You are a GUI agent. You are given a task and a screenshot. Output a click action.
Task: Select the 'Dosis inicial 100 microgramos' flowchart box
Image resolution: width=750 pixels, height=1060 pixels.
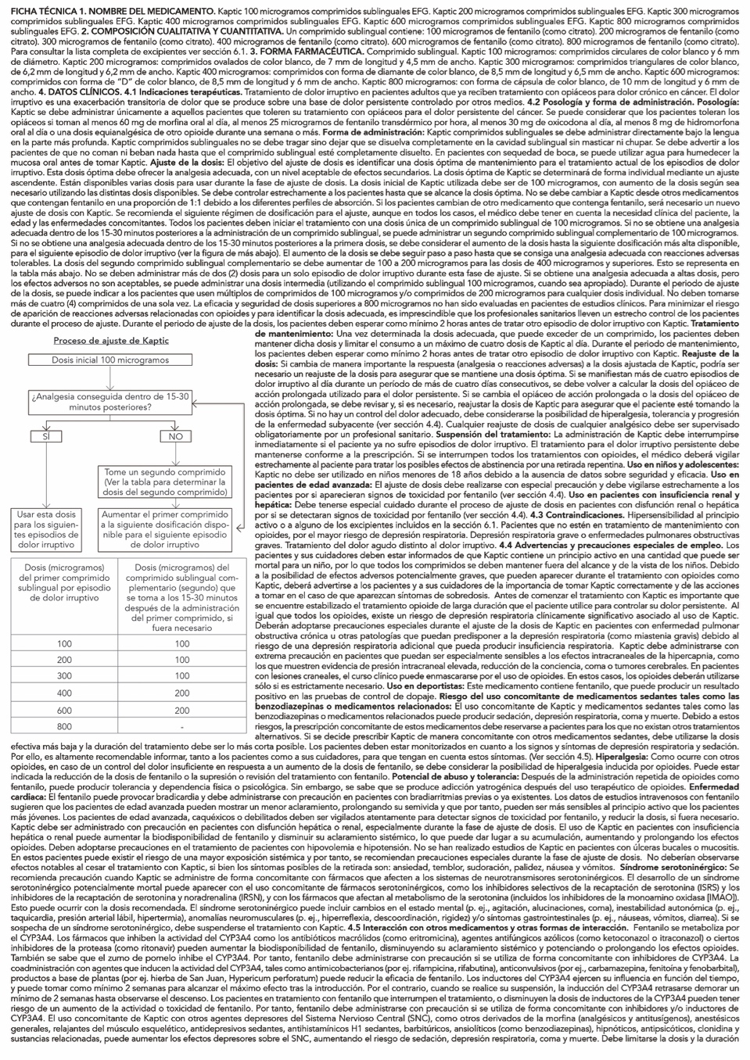tap(110, 360)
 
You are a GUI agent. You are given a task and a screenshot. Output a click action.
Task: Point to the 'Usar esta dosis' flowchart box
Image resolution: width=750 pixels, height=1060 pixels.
tap(46, 529)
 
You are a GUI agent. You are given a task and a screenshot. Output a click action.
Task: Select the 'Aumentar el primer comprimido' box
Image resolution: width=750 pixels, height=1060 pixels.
tap(165, 529)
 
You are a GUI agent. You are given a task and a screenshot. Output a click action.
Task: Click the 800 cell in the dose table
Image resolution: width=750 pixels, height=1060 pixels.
tap(63, 727)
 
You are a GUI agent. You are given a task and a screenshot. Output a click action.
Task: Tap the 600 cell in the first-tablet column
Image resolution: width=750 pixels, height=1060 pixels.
tap(63, 710)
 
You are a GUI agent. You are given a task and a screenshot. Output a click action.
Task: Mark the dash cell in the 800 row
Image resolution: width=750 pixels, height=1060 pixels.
tap(181, 727)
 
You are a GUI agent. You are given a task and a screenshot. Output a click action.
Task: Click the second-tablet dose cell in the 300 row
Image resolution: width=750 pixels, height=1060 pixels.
tap(181, 676)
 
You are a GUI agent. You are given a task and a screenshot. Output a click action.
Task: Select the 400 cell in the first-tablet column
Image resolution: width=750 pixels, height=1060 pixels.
tap(63, 693)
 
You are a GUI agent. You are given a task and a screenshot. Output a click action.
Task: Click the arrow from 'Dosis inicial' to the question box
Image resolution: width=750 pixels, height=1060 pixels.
tap(110, 379)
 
